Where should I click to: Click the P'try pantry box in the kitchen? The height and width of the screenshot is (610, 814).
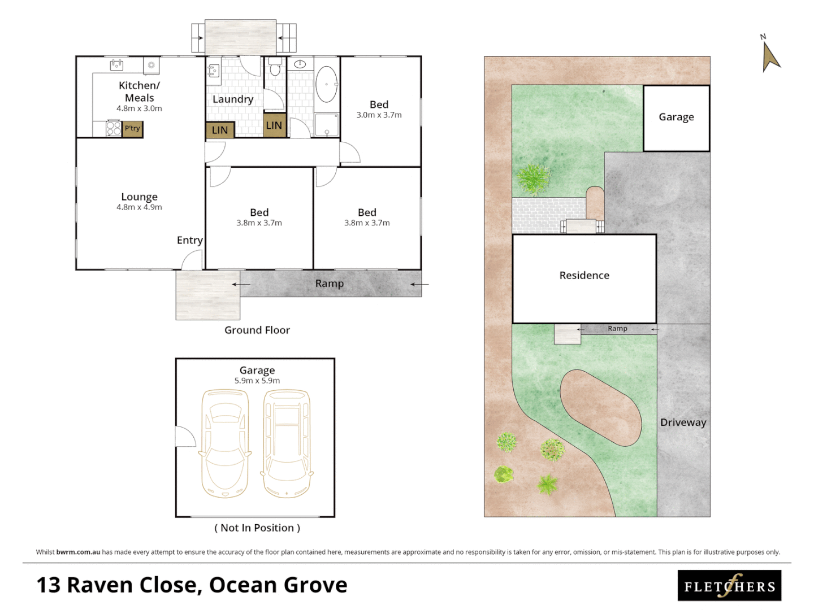click(133, 129)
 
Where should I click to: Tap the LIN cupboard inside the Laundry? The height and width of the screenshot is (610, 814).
click(220, 130)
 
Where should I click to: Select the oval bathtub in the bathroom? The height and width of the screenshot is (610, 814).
click(326, 85)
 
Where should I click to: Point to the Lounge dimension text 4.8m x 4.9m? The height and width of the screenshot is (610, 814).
click(139, 207)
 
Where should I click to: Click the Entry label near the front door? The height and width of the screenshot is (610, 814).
click(189, 240)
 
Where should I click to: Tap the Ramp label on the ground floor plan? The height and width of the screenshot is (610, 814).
click(329, 284)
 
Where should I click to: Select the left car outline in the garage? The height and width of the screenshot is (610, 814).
click(225, 443)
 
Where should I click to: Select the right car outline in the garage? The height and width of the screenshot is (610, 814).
click(287, 443)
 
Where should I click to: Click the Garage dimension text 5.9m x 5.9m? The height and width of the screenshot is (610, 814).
click(257, 381)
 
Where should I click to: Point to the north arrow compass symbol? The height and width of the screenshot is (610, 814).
click(769, 55)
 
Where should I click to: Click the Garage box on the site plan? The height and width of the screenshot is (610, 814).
click(676, 118)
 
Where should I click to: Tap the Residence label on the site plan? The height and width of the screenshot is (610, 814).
click(584, 276)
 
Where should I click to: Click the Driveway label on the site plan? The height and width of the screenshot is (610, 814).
click(683, 422)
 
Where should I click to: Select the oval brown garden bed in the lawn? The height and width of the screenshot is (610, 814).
click(600, 408)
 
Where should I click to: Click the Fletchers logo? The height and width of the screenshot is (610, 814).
click(729, 586)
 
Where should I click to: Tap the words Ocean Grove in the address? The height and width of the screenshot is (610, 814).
click(278, 585)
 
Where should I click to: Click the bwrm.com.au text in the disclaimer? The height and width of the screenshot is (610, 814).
click(78, 552)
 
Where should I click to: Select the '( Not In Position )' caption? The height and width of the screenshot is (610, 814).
click(257, 528)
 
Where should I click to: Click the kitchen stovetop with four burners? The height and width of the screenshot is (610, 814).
click(114, 129)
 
